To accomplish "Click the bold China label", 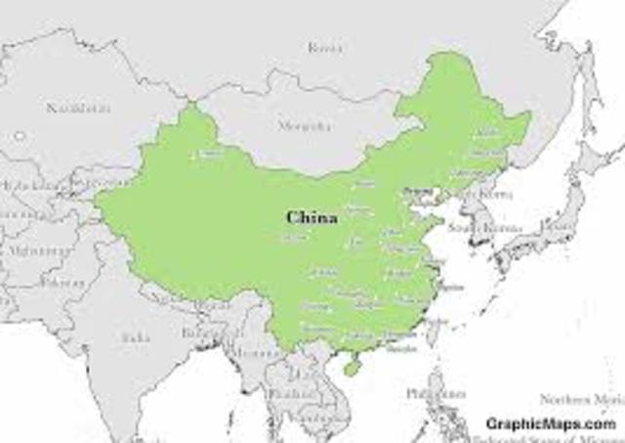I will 312,217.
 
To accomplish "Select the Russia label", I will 325,47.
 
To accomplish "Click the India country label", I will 135,337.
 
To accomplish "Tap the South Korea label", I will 473,227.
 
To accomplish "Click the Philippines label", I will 437,393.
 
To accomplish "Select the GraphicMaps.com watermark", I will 551,423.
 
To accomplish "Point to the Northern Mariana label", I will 582,399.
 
